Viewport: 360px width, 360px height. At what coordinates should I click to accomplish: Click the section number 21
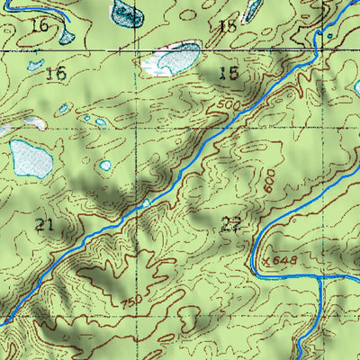(x=45, y=224)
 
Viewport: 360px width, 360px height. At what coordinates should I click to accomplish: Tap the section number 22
(x=230, y=226)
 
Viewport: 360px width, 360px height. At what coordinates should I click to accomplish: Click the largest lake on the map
(x=31, y=157)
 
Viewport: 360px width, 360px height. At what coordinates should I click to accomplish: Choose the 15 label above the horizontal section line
(x=228, y=26)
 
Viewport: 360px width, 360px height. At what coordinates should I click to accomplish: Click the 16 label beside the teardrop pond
(x=39, y=26)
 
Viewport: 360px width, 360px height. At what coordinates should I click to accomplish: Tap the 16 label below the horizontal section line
(x=56, y=73)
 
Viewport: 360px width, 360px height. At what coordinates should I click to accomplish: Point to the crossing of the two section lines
(x=138, y=51)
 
